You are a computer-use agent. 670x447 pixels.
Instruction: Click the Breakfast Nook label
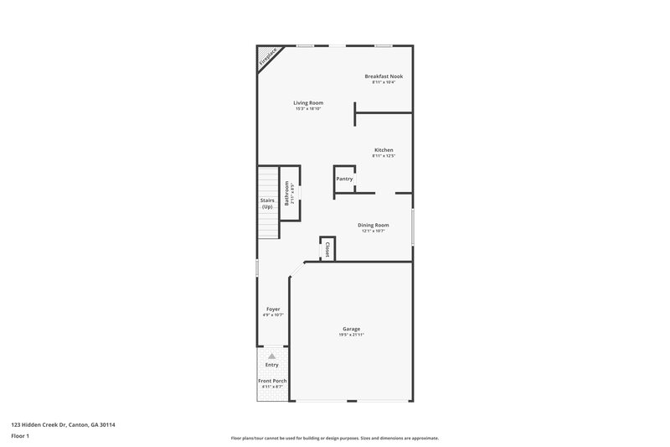(x=384, y=76)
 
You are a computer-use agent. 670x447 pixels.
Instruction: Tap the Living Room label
(x=308, y=103)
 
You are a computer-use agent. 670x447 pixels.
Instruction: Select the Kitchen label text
(x=384, y=150)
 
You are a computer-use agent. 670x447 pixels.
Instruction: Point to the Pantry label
(x=344, y=179)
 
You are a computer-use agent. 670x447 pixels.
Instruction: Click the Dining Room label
(x=374, y=225)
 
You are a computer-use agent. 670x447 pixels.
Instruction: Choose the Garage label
(x=352, y=329)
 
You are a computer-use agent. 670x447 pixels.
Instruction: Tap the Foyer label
(x=273, y=309)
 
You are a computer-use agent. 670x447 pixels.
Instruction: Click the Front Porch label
(x=273, y=381)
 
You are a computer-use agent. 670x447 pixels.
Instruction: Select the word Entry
(x=272, y=365)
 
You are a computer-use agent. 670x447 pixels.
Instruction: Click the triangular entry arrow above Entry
(x=272, y=356)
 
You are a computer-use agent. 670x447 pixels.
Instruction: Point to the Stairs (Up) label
(x=267, y=203)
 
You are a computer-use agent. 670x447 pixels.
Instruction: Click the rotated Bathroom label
(x=287, y=194)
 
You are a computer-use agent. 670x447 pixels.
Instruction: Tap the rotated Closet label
(x=327, y=249)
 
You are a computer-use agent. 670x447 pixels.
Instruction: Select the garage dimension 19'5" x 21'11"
(x=352, y=335)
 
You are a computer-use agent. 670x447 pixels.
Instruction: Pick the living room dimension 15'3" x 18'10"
(x=308, y=109)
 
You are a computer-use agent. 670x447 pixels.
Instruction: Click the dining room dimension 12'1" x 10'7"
(x=374, y=231)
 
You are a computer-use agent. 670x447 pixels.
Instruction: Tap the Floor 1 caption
(x=20, y=437)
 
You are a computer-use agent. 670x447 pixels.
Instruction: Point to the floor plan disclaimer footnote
(x=335, y=438)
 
